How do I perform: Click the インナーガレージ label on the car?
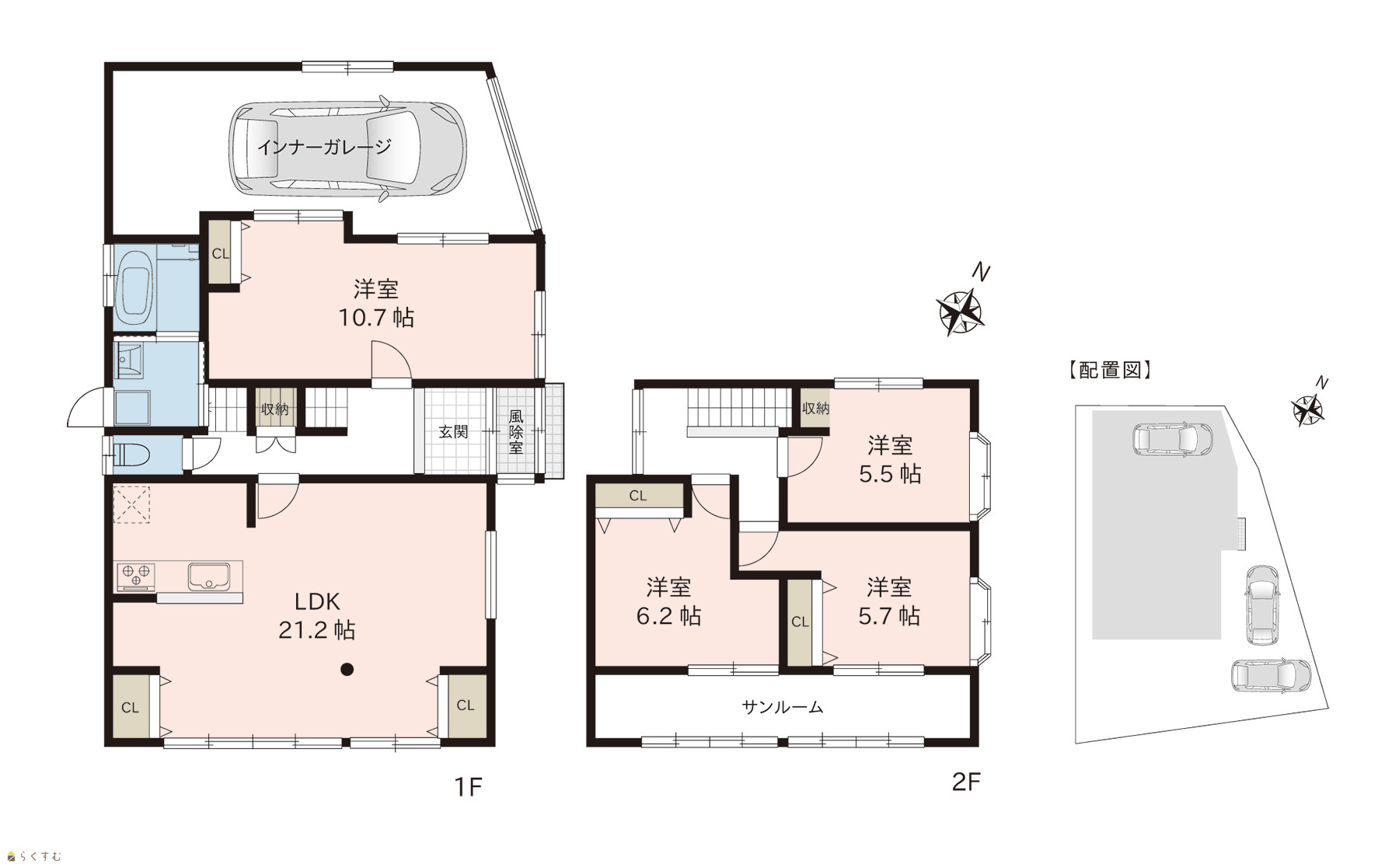point(323,147)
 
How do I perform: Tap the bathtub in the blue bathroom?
point(136,287)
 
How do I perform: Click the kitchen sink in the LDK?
point(208,577)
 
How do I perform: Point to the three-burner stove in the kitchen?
point(136,577)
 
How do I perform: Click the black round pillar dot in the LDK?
point(347,668)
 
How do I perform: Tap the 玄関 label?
point(454,432)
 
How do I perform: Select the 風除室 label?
point(516,432)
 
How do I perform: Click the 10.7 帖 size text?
point(375,317)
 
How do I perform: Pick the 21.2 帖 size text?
point(316,630)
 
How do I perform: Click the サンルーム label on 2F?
point(782,707)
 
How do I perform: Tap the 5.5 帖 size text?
point(890,474)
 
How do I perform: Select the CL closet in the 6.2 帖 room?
point(638,496)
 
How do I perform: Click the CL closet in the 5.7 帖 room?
point(800,622)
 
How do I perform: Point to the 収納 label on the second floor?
point(816,408)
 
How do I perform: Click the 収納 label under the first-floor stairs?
point(275,409)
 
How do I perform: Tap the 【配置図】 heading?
point(1109,370)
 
